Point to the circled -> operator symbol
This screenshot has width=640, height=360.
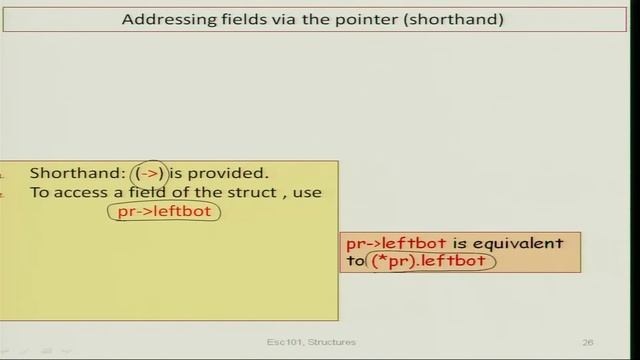[x=150, y=173]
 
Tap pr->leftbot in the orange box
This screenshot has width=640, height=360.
[x=395, y=243]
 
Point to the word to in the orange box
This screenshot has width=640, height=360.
[x=356, y=261]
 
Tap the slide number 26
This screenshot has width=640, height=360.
[x=587, y=342]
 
